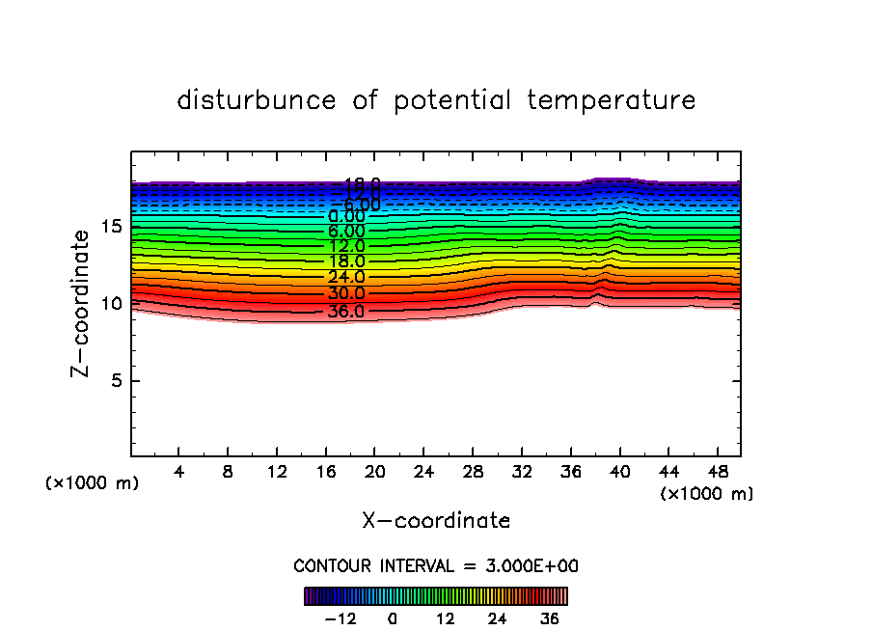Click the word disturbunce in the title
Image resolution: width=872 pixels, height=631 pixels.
257,100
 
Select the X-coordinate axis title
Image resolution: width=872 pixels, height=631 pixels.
436,521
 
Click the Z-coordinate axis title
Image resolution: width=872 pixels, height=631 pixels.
85,303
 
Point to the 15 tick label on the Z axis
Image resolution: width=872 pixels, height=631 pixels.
111,227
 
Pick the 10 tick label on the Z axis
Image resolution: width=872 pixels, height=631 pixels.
111,304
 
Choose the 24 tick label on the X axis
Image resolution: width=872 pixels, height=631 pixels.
423,473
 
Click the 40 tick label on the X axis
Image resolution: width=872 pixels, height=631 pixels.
619,473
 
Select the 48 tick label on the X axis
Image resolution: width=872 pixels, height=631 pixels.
717,473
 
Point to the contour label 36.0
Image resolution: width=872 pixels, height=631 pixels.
345,312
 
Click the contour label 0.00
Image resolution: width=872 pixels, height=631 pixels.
345,217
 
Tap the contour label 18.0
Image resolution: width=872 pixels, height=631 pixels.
345,261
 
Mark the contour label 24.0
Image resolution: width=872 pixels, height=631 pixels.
345,278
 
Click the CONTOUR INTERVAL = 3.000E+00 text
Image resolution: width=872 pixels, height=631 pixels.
436,566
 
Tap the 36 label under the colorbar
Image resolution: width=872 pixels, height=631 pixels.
549,618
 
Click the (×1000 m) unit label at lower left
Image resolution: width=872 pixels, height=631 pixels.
93,483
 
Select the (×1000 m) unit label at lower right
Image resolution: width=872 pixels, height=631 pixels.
707,494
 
